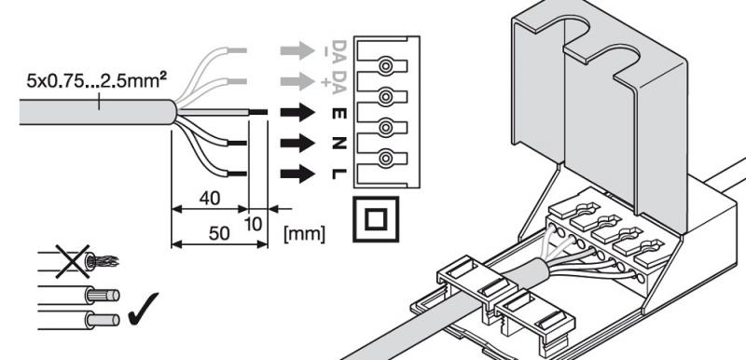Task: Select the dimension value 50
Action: click(x=218, y=232)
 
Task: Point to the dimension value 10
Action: click(x=255, y=224)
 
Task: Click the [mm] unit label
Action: click(x=304, y=234)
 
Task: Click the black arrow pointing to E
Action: click(x=297, y=113)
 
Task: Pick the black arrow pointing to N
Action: click(x=297, y=143)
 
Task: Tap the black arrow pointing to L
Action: click(x=297, y=173)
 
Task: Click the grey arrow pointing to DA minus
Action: click(x=297, y=50)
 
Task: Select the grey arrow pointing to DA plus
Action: click(x=297, y=81)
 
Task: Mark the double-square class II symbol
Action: click(x=376, y=199)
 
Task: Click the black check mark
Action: click(x=144, y=308)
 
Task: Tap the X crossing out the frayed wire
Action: click(x=73, y=261)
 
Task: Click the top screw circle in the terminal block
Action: click(x=385, y=66)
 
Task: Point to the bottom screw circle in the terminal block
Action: click(x=385, y=157)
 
